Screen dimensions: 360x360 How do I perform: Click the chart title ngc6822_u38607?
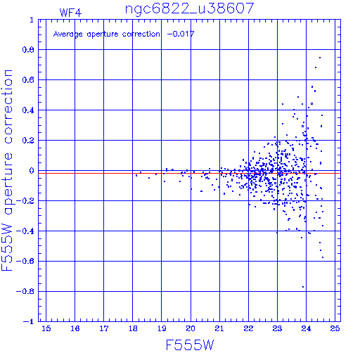pos(189,9)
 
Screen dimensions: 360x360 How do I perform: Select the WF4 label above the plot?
pos(70,13)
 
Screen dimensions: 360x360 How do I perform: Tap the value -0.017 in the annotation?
pos(181,34)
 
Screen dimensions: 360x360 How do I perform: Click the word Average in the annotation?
pos(68,34)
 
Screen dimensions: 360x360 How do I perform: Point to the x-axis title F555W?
pos(190,345)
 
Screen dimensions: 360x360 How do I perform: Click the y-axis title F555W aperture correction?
pos(7,170)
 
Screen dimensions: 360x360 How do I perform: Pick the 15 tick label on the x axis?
pos(46,328)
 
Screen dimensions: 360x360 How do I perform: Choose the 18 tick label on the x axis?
pos(133,328)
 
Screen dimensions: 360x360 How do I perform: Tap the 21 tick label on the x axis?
pos(219,328)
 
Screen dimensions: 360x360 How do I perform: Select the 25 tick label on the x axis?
pos(335,328)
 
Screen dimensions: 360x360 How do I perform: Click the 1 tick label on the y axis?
pos(32,20)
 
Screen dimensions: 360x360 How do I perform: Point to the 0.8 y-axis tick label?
pos(28,50)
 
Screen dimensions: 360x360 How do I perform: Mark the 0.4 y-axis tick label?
pos(28,110)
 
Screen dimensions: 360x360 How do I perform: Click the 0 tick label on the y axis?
pos(32,171)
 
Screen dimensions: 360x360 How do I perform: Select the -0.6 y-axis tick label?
pos(25,261)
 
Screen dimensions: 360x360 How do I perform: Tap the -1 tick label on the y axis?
pos(29,321)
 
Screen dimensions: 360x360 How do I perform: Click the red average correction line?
pos(189,173)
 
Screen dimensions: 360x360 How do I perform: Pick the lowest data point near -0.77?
pos(303,287)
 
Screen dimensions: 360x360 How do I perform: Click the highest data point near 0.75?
pos(320,58)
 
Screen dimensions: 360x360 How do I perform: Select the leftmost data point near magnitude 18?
pos(136,175)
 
